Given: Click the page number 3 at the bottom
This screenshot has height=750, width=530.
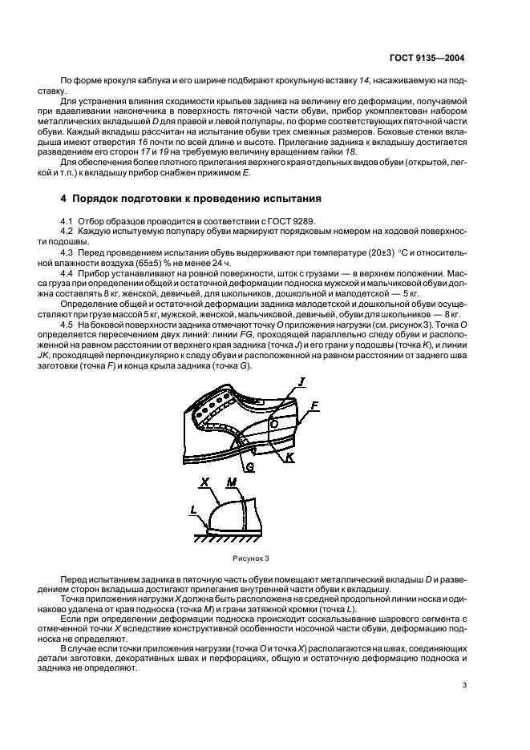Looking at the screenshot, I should point(465,685).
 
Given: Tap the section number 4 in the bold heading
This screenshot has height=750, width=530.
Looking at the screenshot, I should point(64,197).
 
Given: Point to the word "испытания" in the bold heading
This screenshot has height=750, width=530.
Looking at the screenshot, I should point(299,197).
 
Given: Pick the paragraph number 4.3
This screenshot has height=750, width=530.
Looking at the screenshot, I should point(67,252).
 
